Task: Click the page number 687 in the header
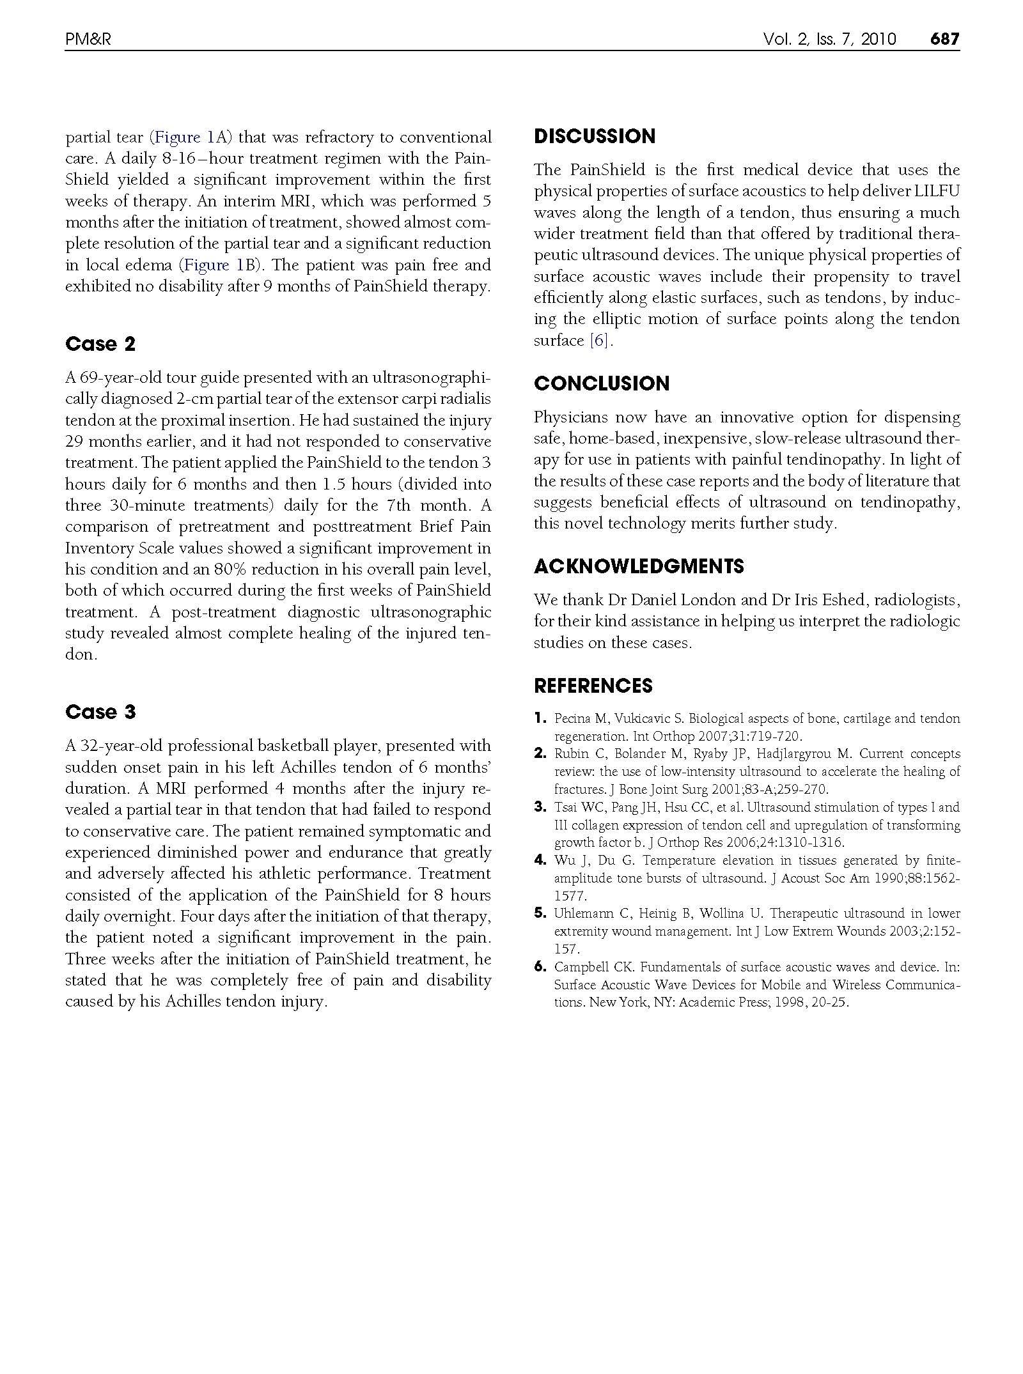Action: point(944,40)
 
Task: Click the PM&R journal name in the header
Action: point(88,40)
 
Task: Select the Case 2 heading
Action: point(100,344)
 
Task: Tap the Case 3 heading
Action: point(100,712)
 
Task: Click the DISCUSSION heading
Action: point(595,136)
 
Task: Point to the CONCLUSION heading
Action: point(602,383)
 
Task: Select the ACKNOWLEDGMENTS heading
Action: point(639,566)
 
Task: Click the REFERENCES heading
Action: point(593,686)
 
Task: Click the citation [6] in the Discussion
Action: point(600,341)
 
